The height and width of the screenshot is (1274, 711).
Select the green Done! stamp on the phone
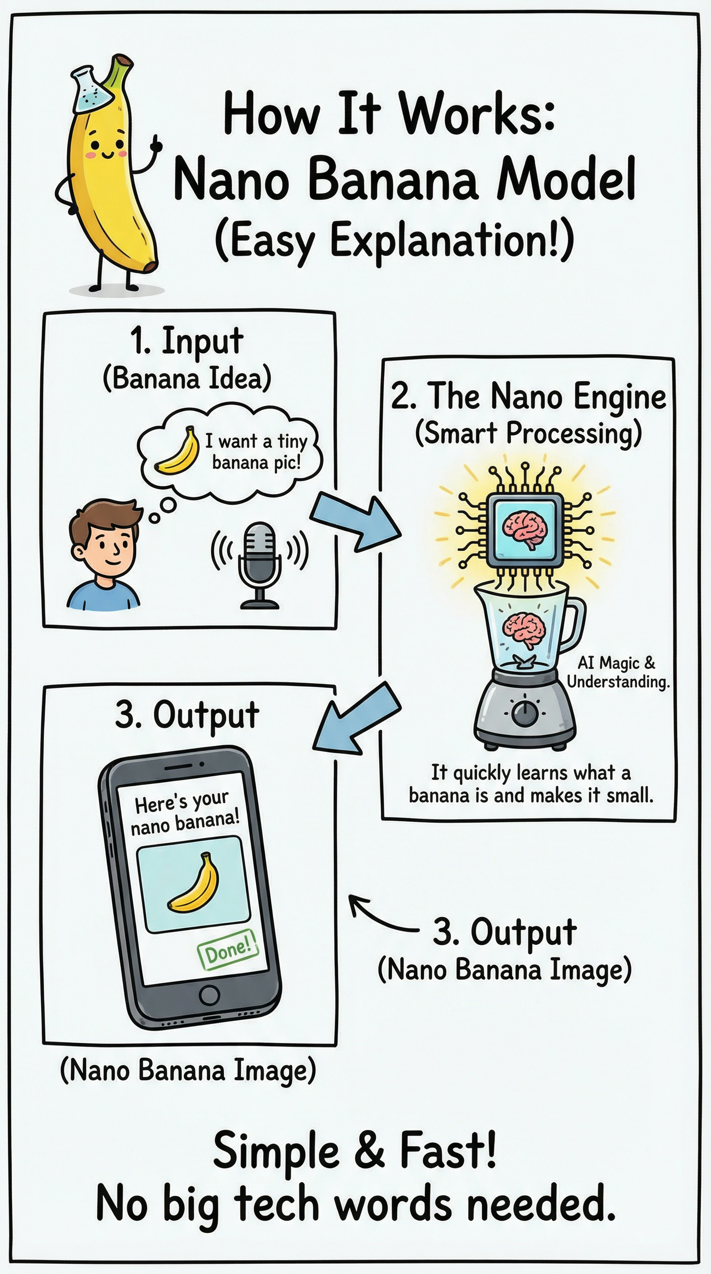click(x=228, y=949)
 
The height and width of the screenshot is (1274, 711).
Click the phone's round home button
click(x=209, y=994)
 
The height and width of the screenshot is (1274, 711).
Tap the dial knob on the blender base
click(x=524, y=712)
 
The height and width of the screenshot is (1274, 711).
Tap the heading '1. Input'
click(x=187, y=341)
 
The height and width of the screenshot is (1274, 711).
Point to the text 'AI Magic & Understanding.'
click(x=617, y=672)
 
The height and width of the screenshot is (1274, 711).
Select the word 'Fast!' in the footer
click(x=448, y=1150)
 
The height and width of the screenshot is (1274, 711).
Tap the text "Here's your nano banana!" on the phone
click(x=184, y=812)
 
